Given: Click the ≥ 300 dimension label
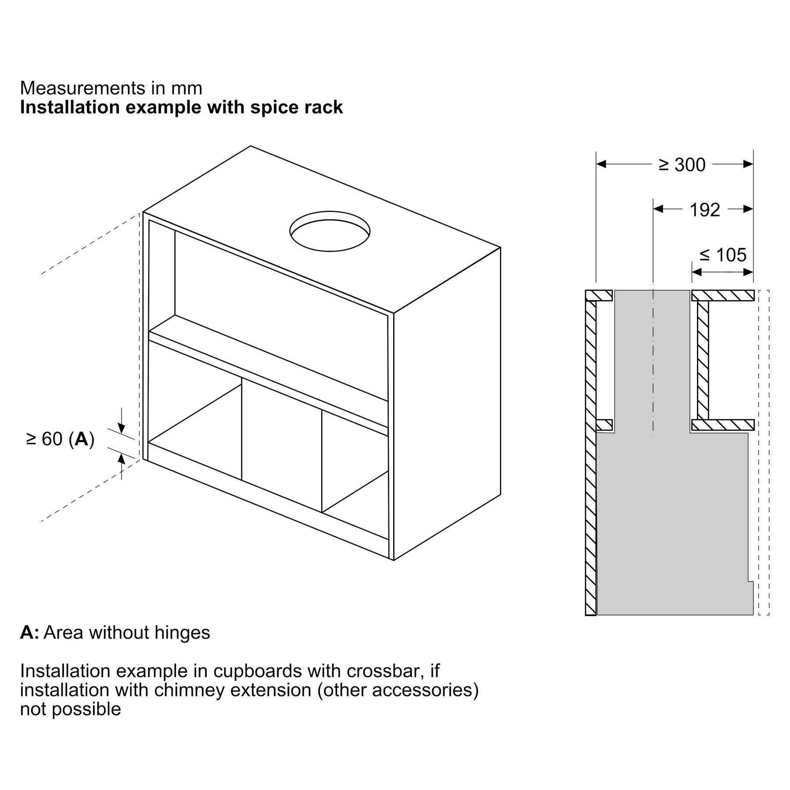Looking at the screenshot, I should pyautogui.click(x=682, y=165).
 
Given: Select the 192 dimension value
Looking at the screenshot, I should pyautogui.click(x=704, y=210).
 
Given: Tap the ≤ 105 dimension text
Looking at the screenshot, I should pyautogui.click(x=722, y=255).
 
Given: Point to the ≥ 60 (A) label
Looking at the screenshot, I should pyautogui.click(x=60, y=439).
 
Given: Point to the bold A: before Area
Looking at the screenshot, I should pyautogui.click(x=29, y=632).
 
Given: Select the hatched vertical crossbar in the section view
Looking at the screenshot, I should pyautogui.click(x=703, y=360).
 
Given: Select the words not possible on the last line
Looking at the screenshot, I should pyautogui.click(x=70, y=709).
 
